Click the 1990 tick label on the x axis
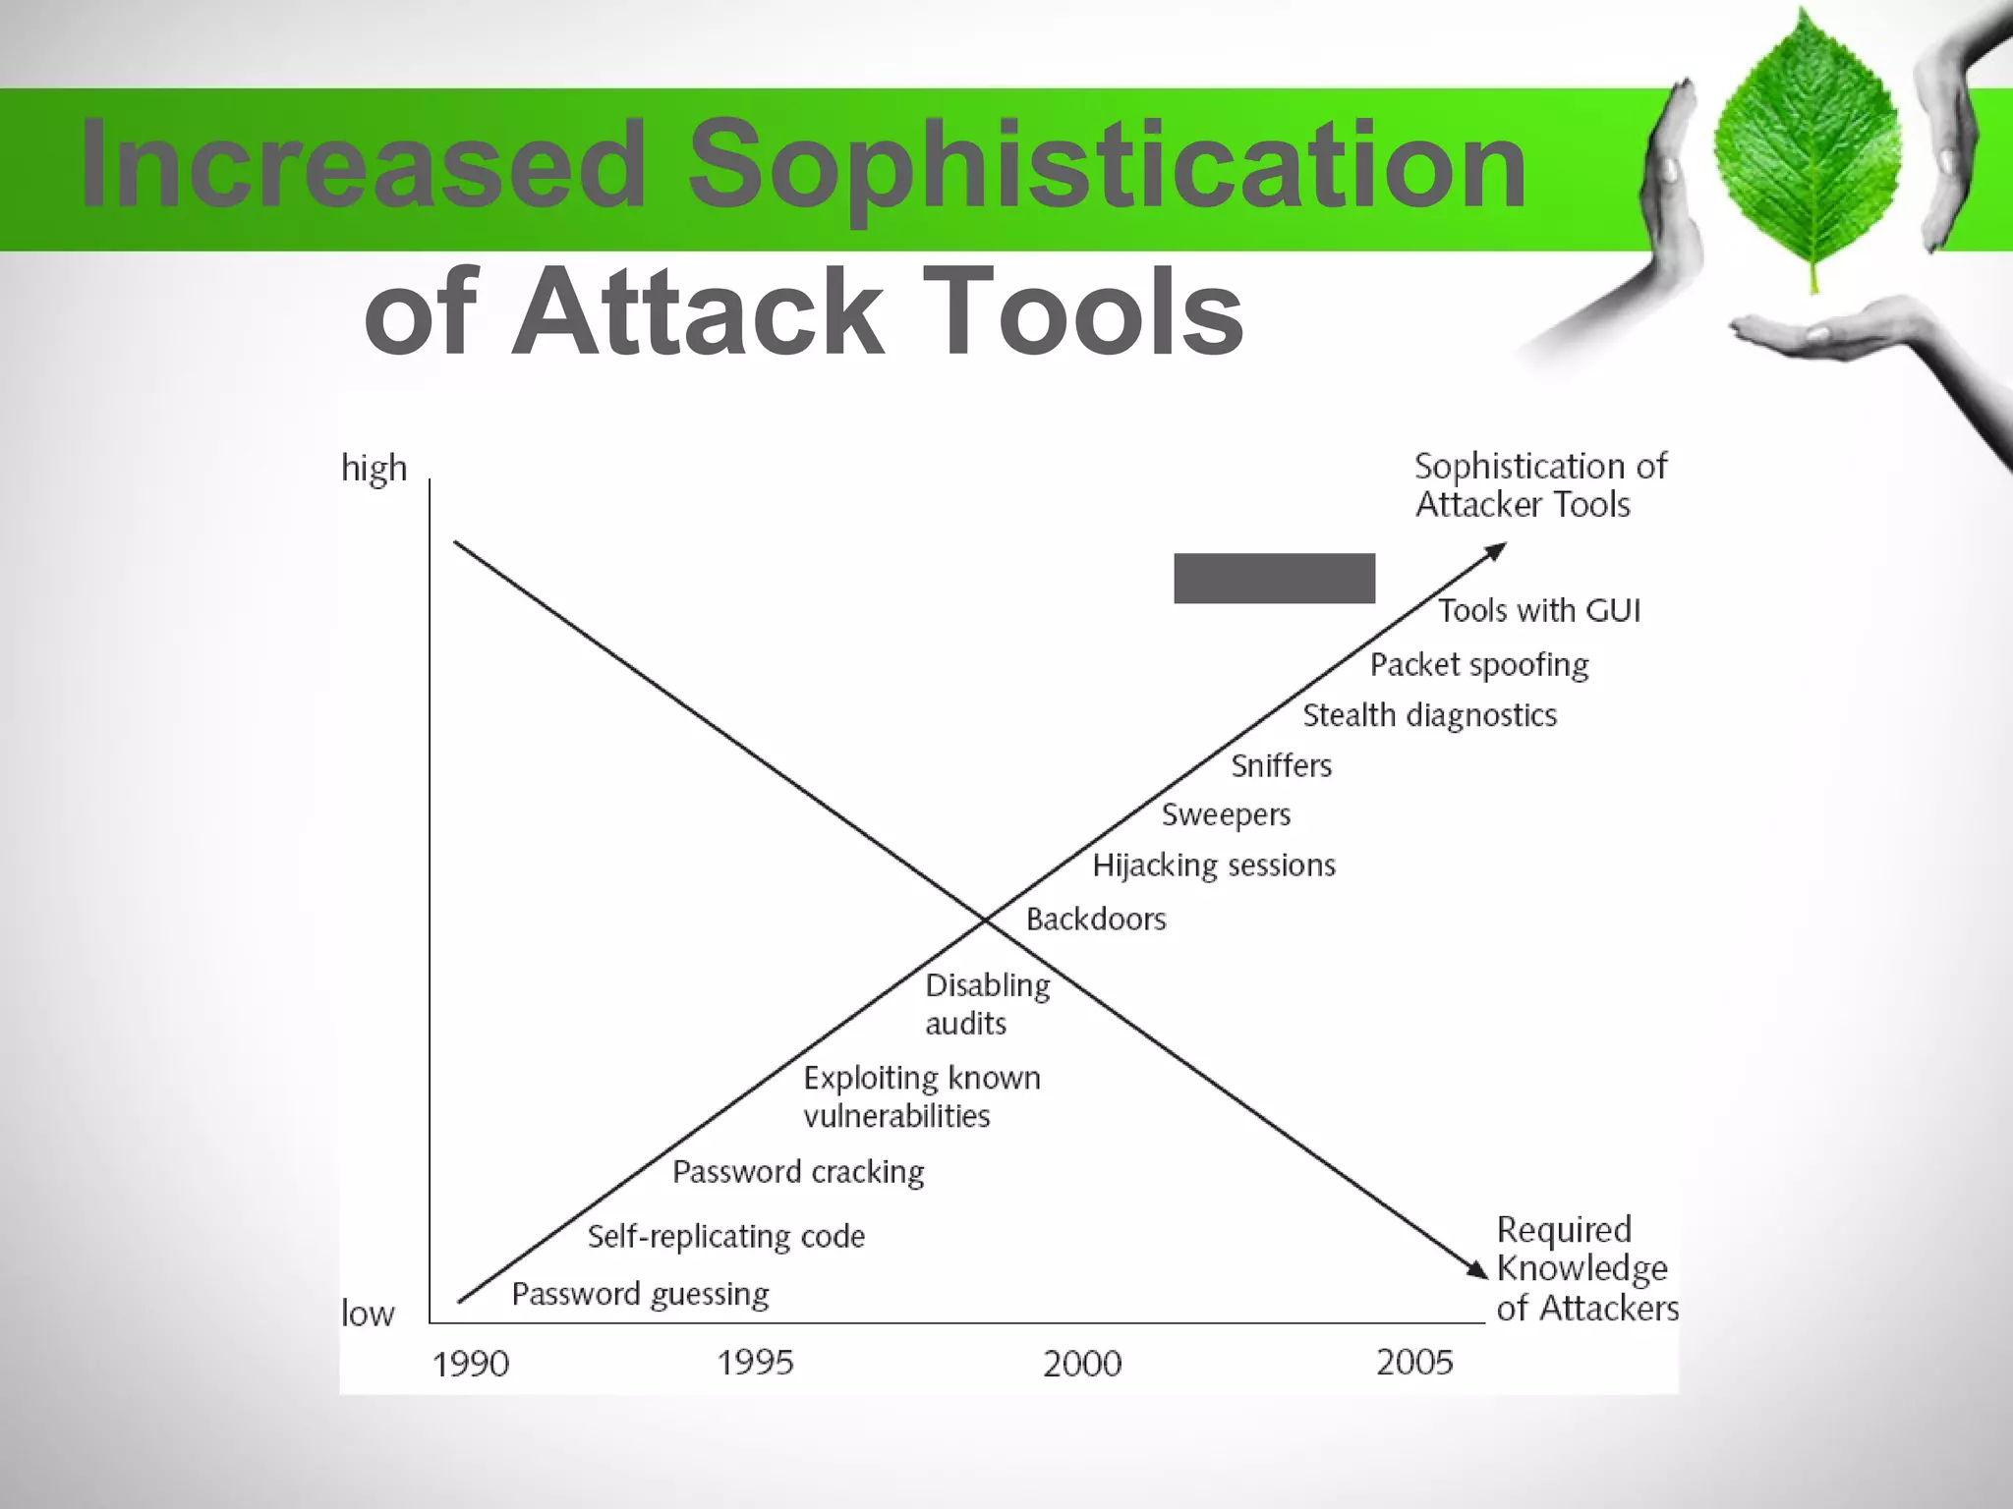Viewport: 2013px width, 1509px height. (471, 1364)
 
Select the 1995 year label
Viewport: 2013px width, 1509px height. (754, 1363)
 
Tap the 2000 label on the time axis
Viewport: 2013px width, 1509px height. (1081, 1364)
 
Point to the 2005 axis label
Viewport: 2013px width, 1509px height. (1413, 1363)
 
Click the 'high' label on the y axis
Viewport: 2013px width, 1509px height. (374, 469)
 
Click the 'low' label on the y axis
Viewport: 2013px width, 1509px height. (368, 1313)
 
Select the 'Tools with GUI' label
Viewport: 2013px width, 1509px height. (1539, 611)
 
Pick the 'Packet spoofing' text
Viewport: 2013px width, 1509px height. (1479, 665)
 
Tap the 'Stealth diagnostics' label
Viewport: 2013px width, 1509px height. (1429, 715)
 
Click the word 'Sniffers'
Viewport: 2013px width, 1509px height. (1281, 765)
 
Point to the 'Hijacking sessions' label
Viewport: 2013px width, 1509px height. (1214, 866)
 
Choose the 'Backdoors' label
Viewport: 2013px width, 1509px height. (1096, 920)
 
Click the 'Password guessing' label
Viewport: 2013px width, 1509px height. (640, 1295)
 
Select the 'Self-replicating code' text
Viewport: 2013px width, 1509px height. (726, 1236)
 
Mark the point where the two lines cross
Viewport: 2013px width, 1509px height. (984, 920)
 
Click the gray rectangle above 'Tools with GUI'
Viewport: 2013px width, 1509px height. (1274, 578)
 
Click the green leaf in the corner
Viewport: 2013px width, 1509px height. (1809, 147)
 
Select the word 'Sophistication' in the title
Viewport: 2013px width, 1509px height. (1106, 164)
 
